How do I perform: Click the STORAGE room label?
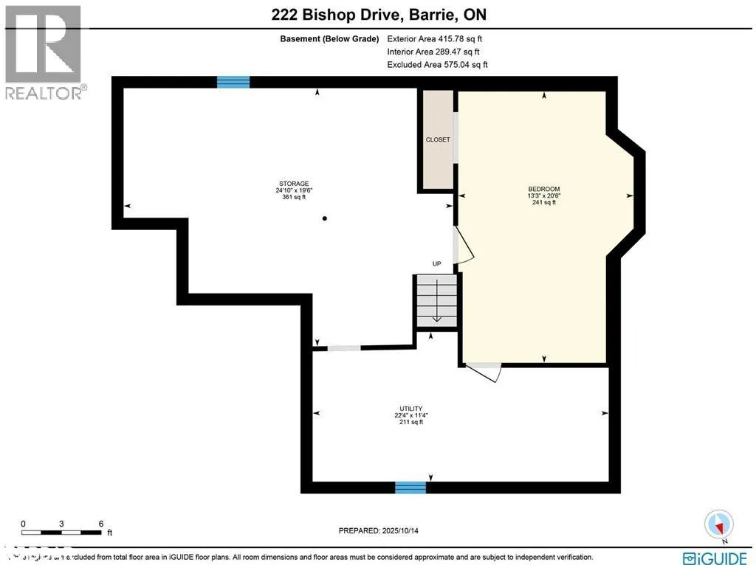(293, 184)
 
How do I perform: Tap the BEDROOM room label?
(543, 189)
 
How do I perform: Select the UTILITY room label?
(410, 409)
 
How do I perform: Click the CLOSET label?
(437, 139)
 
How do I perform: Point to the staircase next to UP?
(436, 301)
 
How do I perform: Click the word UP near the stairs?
(436, 264)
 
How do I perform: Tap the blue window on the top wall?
(233, 82)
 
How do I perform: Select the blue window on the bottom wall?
(410, 487)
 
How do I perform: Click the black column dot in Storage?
(325, 218)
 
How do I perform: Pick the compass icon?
(718, 524)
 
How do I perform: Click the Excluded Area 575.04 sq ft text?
(437, 65)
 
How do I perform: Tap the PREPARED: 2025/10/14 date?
(382, 530)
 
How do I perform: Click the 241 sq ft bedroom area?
(543, 202)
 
